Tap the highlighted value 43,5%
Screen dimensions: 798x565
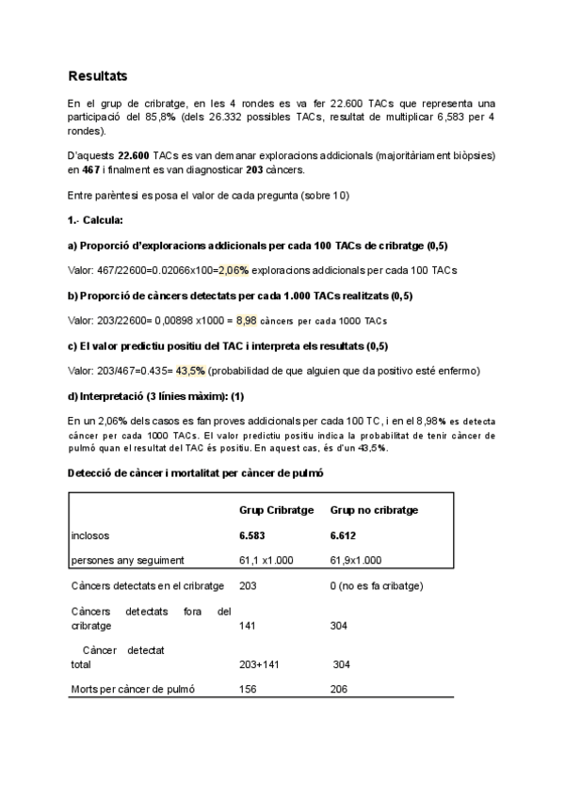click(191, 371)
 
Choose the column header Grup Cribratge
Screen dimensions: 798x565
click(276, 509)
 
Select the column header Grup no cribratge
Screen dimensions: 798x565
click(374, 509)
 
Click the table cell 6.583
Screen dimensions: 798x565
click(254, 535)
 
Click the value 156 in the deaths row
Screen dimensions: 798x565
click(250, 690)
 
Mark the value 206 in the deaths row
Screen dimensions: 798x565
click(339, 690)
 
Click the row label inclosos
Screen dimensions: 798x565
click(90, 535)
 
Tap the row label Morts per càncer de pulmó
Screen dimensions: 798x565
click(133, 690)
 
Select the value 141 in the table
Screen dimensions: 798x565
click(250, 625)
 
